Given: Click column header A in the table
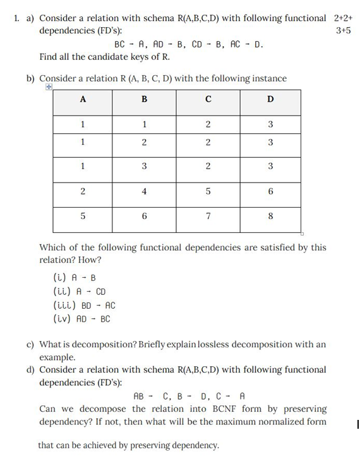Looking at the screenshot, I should click(83, 99).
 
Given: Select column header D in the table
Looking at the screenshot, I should click(270, 99).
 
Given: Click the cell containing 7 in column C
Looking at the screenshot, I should click(208, 215).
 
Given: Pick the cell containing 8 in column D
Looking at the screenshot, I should click(270, 215).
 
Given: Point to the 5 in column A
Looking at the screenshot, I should click(83, 215).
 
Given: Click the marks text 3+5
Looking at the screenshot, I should click(344, 30).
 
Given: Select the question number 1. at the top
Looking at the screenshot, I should click(17, 18).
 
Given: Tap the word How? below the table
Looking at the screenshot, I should click(91, 260).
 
